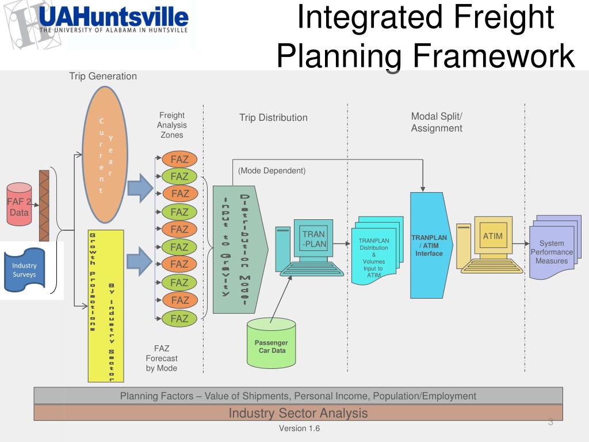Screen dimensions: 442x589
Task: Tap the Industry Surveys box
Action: (24, 269)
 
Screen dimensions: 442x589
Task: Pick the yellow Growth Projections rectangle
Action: (105, 306)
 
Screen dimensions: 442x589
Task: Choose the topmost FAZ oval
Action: (179, 159)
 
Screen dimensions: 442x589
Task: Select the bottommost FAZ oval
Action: (179, 318)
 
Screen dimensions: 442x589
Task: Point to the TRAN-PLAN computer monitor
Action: (313, 238)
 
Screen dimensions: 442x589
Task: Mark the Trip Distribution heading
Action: (273, 118)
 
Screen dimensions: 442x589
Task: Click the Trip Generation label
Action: (103, 76)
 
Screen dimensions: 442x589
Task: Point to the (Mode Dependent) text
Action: (271, 171)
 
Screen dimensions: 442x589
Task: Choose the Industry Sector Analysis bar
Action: (298, 413)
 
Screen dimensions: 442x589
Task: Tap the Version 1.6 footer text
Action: (299, 429)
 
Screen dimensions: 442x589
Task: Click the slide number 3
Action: (550, 423)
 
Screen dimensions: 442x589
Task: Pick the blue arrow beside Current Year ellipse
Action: (139, 187)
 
